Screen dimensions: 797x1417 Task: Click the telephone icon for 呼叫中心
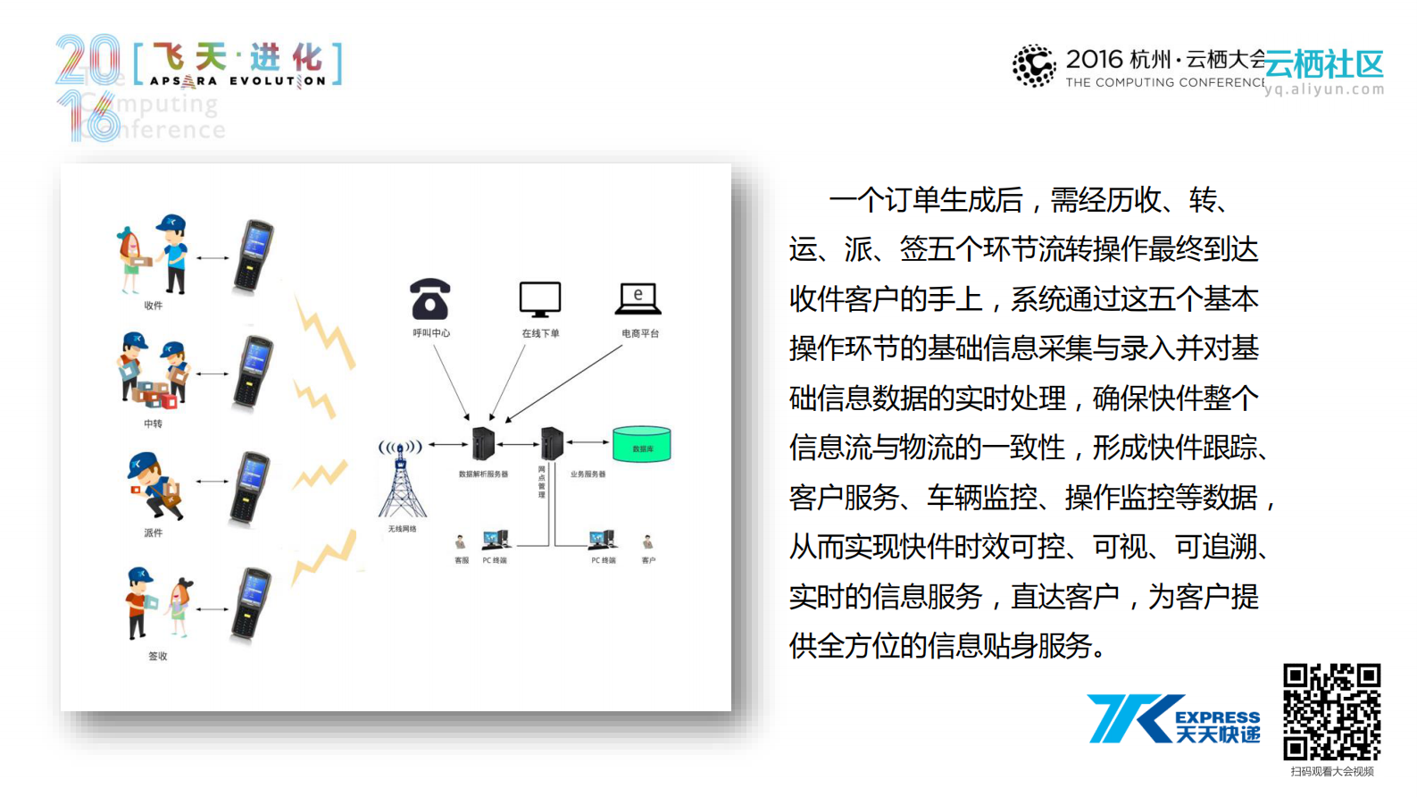click(429, 299)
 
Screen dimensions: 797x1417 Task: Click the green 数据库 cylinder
click(641, 445)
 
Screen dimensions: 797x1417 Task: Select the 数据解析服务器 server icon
click(483, 443)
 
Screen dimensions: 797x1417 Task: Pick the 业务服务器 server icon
click(552, 443)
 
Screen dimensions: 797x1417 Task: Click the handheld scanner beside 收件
click(254, 256)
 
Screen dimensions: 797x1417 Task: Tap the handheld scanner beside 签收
click(252, 604)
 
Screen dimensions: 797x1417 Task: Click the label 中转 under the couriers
click(153, 424)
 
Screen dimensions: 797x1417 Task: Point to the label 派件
click(153, 533)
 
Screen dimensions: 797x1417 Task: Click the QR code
click(1331, 712)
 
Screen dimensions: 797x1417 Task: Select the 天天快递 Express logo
click(1173, 719)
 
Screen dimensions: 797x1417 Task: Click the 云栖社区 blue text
click(1324, 64)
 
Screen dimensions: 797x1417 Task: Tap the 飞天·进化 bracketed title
click(238, 63)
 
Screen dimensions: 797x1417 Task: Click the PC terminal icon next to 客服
click(496, 540)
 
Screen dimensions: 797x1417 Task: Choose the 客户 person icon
click(648, 542)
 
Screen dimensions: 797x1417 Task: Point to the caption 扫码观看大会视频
click(1331, 772)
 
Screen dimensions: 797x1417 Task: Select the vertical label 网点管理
click(541, 482)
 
